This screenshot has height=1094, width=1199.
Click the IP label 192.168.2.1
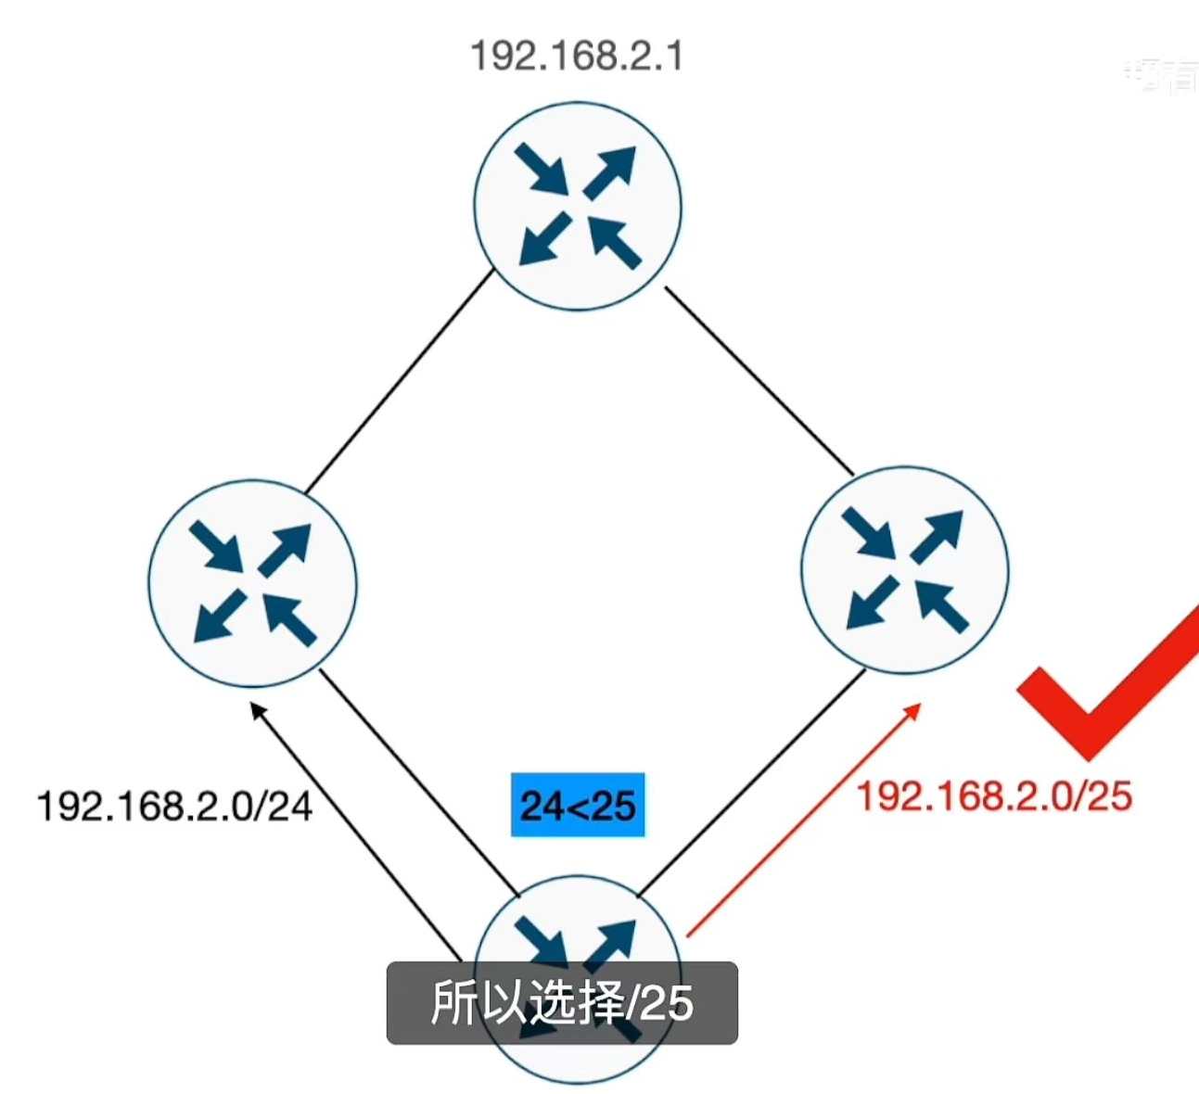577,57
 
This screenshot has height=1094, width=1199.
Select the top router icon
578,206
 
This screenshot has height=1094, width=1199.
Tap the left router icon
252,583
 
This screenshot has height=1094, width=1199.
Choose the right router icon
904,569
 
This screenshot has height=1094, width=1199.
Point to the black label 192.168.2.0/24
174,805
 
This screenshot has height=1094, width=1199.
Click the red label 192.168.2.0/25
993,795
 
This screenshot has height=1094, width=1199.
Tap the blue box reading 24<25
578,805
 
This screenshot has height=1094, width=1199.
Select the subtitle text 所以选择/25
562,1003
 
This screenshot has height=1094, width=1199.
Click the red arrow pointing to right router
802,820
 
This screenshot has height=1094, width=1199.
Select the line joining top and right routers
759,380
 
